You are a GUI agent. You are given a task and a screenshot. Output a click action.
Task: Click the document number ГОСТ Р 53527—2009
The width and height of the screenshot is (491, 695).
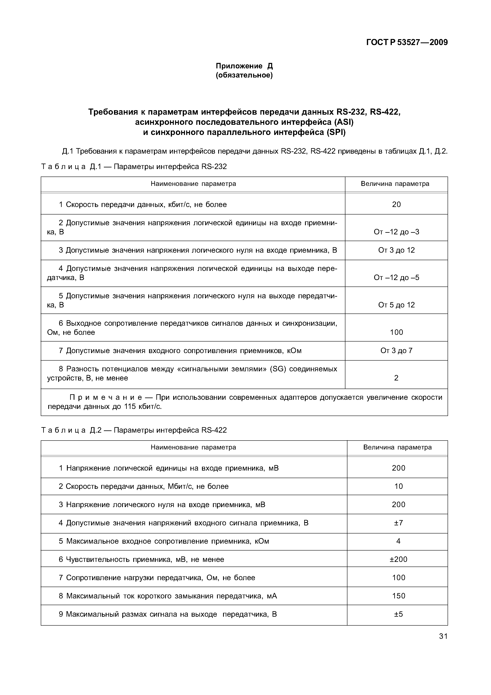(407, 42)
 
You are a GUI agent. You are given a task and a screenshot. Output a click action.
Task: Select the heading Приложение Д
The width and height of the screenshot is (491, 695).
(244, 66)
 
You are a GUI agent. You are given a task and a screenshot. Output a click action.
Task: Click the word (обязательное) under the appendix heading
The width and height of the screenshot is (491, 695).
(244, 75)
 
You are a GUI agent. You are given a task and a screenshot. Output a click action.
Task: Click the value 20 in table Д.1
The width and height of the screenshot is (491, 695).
(396, 205)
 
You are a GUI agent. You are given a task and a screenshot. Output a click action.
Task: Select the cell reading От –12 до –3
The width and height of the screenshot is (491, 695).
(396, 232)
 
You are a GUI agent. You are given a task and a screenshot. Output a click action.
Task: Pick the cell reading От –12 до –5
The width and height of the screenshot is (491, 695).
(396, 278)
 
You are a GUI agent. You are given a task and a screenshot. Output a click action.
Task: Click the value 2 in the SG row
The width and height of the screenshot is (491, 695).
(396, 378)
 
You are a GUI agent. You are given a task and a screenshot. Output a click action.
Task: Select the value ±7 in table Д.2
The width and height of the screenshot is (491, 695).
(399, 523)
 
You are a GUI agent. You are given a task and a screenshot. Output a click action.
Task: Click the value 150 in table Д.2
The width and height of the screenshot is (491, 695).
(399, 596)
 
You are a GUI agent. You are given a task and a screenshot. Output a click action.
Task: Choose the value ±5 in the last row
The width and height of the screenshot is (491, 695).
(399, 614)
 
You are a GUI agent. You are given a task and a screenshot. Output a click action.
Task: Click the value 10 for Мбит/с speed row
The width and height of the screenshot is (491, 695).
(399, 486)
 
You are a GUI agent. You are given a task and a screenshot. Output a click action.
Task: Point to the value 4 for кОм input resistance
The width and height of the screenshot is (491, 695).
(399, 541)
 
